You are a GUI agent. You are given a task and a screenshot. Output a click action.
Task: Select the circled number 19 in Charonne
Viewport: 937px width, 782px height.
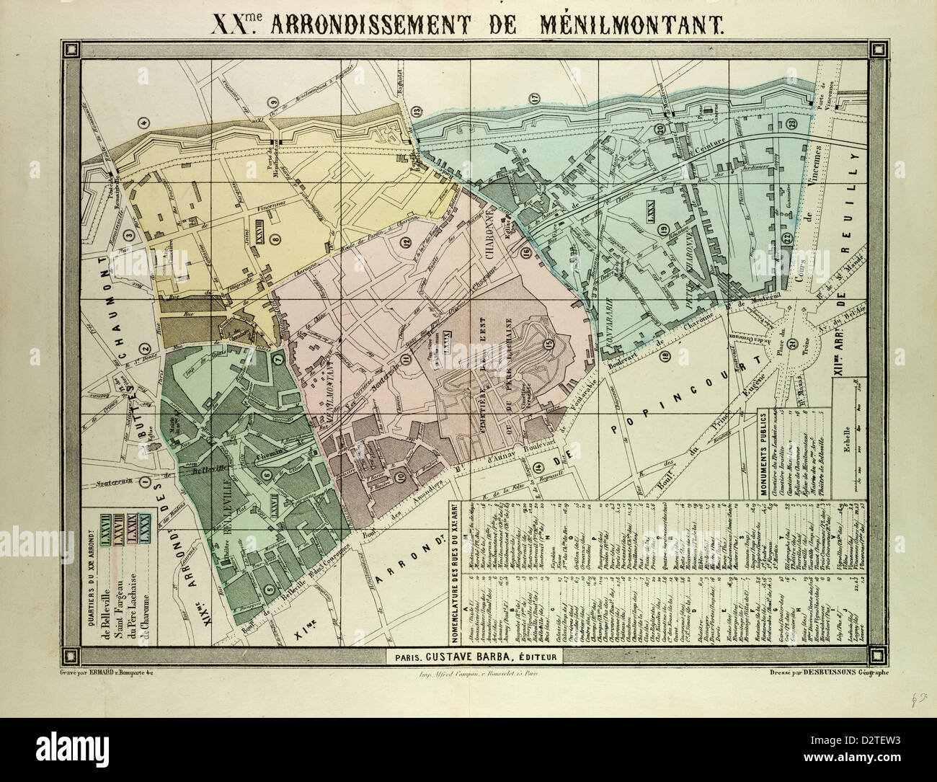662,230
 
